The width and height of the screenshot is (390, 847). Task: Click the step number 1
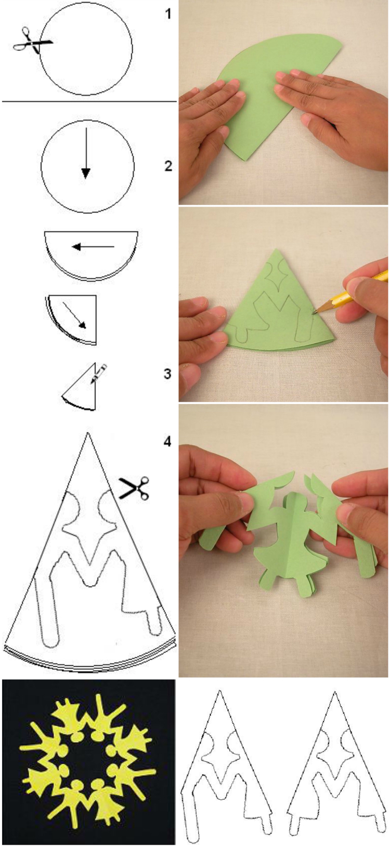pyautogui.click(x=167, y=14)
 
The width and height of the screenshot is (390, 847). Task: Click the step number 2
pyautogui.click(x=167, y=166)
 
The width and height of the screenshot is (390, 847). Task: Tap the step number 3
pyautogui.click(x=167, y=374)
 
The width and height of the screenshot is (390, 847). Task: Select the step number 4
pyautogui.click(x=167, y=442)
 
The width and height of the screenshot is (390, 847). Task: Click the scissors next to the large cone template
pyautogui.click(x=135, y=488)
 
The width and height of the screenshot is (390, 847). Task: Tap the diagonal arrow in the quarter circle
pyautogui.click(x=74, y=315)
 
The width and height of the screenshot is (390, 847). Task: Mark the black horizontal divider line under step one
pyautogui.click(x=89, y=101)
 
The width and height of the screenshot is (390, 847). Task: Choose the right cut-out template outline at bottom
pyautogui.click(x=333, y=769)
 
